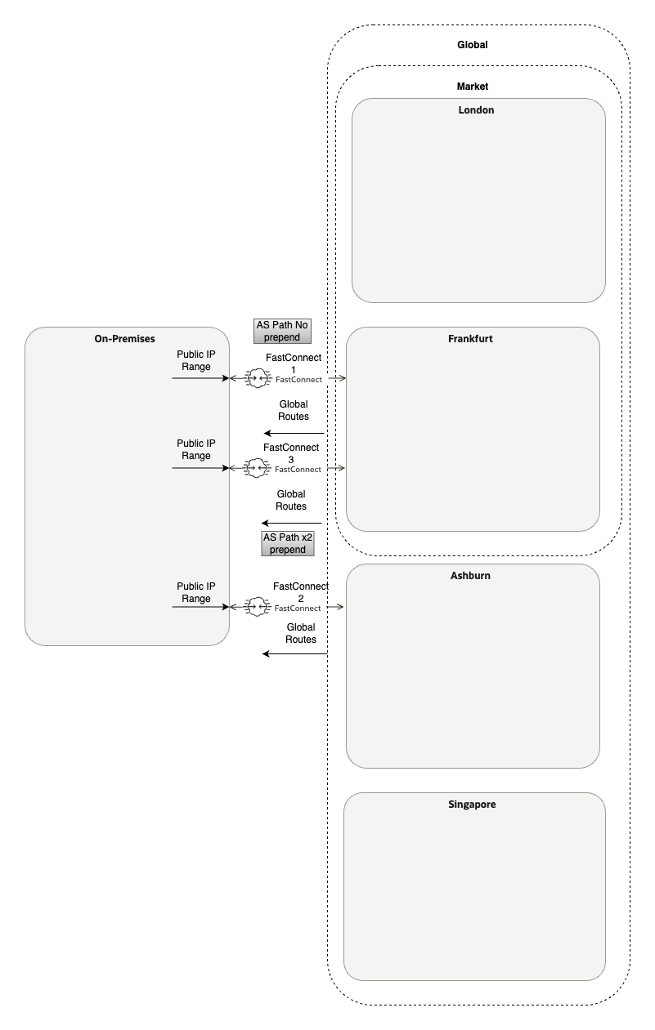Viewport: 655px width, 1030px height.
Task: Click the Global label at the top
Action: tap(472, 45)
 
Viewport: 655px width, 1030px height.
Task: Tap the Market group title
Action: tap(472, 86)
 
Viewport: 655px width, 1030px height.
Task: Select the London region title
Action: tap(476, 110)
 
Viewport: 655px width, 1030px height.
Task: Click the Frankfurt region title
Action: tap(470, 338)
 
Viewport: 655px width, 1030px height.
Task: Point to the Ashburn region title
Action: tap(470, 575)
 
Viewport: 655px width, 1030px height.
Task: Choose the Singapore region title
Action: tap(472, 804)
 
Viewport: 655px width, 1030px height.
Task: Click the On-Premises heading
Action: tap(125, 338)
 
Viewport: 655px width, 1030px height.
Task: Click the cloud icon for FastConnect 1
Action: tap(258, 378)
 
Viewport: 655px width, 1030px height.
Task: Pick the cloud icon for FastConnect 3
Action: tap(258, 468)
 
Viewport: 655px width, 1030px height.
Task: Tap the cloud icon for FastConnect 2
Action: tap(258, 607)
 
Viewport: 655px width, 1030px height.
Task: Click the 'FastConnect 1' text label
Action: tap(293, 363)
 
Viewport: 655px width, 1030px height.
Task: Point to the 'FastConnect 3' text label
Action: tap(290, 453)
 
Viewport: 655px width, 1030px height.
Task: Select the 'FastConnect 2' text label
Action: tap(300, 592)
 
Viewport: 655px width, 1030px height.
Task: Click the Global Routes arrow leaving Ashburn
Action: tap(294, 653)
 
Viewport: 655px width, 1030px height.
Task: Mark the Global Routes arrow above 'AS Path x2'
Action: tap(291, 523)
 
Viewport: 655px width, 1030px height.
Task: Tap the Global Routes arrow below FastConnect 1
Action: tap(294, 433)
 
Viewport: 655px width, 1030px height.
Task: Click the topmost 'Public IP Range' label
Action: tap(195, 360)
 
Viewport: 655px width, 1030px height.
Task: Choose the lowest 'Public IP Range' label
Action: tap(195, 592)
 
